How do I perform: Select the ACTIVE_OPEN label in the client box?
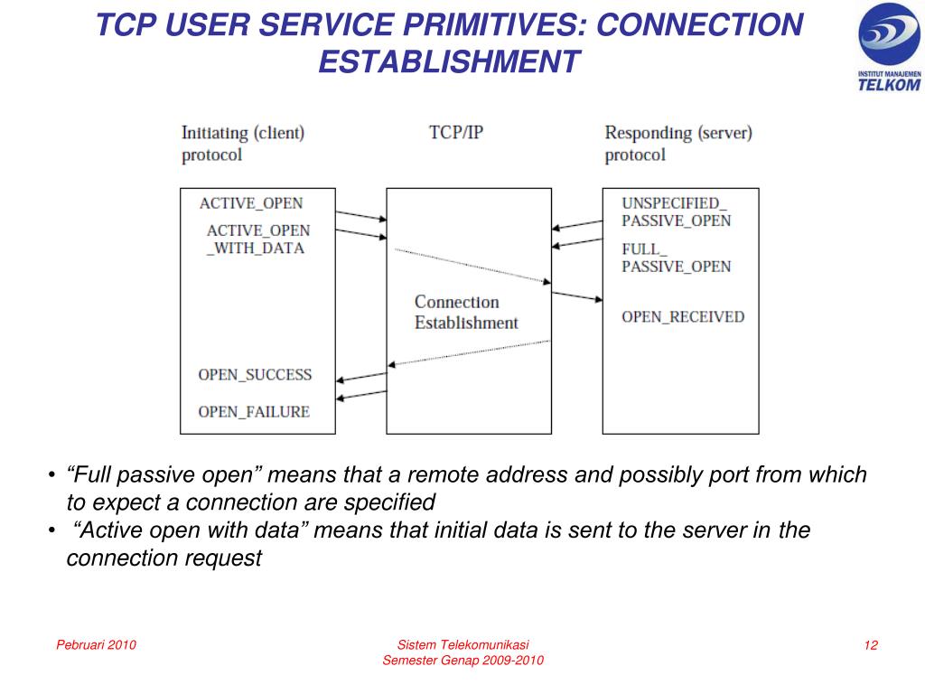click(x=250, y=203)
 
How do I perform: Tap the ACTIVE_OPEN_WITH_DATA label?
click(x=257, y=239)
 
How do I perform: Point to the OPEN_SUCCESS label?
click(x=255, y=374)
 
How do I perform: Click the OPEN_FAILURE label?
click(x=254, y=411)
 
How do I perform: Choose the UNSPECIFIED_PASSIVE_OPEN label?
click(x=676, y=211)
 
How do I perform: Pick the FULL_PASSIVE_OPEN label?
click(x=676, y=258)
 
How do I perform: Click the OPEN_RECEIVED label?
click(x=683, y=316)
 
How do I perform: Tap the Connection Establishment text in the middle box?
click(x=466, y=312)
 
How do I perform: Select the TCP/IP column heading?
click(x=456, y=132)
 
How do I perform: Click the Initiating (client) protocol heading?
click(x=243, y=143)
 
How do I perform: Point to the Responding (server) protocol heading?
click(x=677, y=143)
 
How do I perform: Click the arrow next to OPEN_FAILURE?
click(x=360, y=394)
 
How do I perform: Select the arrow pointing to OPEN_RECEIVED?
click(x=576, y=295)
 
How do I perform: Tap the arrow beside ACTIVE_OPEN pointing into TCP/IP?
click(x=360, y=216)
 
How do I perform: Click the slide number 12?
click(x=871, y=644)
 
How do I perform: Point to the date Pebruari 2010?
click(x=96, y=644)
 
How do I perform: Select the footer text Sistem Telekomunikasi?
click(x=462, y=644)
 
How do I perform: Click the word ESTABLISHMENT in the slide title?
click(x=449, y=61)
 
